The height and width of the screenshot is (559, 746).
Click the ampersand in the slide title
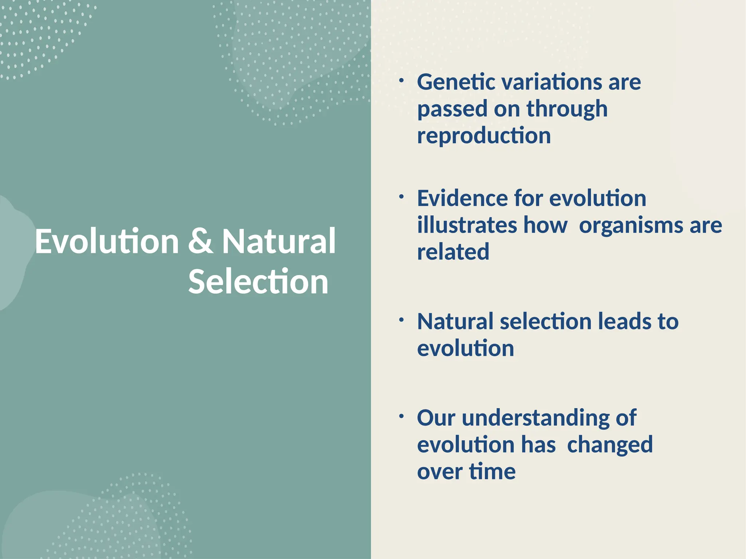coord(200,242)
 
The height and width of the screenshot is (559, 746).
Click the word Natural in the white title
coord(279,242)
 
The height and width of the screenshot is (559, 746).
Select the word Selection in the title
coord(258,282)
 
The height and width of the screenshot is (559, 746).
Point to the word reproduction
coord(484,136)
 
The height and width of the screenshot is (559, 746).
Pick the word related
coord(453,252)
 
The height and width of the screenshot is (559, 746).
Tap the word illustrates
coord(467,226)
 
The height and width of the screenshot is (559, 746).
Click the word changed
coord(610,445)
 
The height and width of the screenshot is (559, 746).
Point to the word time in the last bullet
coord(492,472)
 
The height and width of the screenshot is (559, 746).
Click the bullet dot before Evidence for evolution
coord(401,197)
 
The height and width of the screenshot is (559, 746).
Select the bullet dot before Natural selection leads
coord(401,320)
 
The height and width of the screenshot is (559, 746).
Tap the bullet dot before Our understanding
coord(401,416)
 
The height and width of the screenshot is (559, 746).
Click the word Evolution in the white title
coord(107,242)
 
